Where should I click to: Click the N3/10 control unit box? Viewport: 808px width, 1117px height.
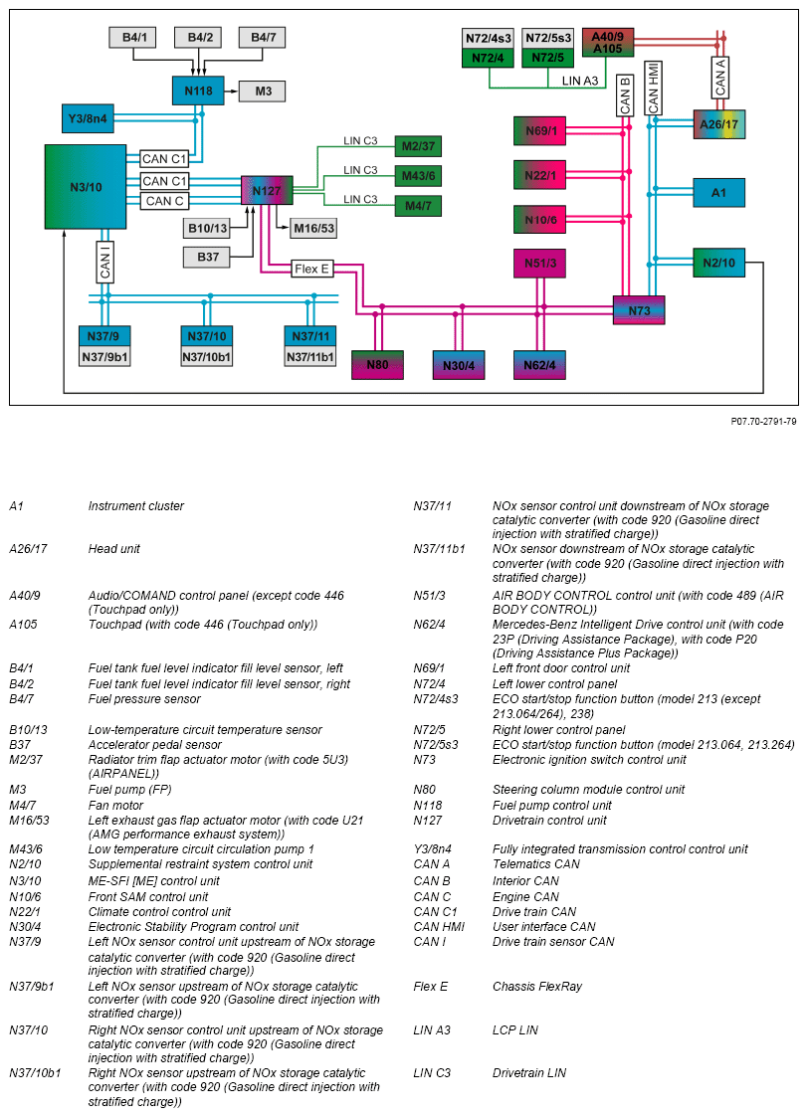(86, 187)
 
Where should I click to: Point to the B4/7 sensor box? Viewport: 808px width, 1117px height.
(263, 38)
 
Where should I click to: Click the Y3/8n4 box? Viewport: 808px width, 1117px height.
(88, 118)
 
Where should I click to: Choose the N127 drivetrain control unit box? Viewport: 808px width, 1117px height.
(266, 191)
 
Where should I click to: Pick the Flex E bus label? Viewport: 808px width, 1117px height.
(311, 270)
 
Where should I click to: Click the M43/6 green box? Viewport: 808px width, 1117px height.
(418, 176)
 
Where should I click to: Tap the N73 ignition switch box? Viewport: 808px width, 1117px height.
(639, 310)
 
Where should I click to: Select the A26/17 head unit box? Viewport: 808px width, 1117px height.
(718, 124)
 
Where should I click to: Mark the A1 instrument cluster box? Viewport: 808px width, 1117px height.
(718, 193)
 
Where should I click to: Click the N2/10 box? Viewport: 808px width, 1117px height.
(718, 263)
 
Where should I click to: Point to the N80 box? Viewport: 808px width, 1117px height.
(377, 365)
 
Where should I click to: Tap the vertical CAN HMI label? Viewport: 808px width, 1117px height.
(654, 88)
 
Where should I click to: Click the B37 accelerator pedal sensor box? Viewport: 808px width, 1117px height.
(208, 258)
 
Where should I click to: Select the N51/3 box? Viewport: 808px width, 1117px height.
(540, 263)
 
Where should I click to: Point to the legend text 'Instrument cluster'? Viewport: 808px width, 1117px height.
(136, 506)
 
